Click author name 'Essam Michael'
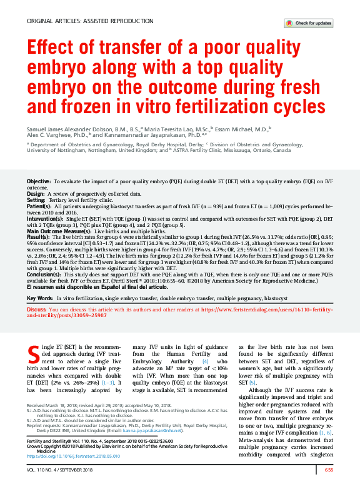247,128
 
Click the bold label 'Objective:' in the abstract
39,181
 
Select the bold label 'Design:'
36,194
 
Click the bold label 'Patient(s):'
39,206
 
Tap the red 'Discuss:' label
36,310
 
